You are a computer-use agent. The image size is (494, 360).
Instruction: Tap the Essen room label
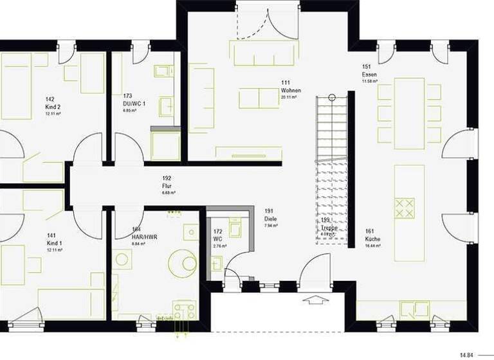[369, 75]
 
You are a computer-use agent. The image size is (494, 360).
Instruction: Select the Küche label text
[372, 239]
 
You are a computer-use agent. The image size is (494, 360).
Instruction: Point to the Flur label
[167, 185]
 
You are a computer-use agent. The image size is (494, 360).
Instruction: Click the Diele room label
[271, 219]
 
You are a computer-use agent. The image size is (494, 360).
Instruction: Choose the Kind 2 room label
[53, 107]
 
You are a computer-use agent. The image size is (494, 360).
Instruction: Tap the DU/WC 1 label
[134, 104]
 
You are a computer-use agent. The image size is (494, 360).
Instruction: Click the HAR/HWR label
[144, 237]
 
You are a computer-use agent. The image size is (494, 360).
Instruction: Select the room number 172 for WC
[218, 231]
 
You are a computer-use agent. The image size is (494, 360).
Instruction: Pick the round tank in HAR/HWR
[183, 263]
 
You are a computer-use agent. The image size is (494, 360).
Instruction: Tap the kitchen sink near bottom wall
[415, 310]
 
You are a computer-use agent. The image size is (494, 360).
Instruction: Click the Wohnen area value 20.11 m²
[289, 98]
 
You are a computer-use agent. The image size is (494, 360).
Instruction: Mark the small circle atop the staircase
[332, 97]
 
